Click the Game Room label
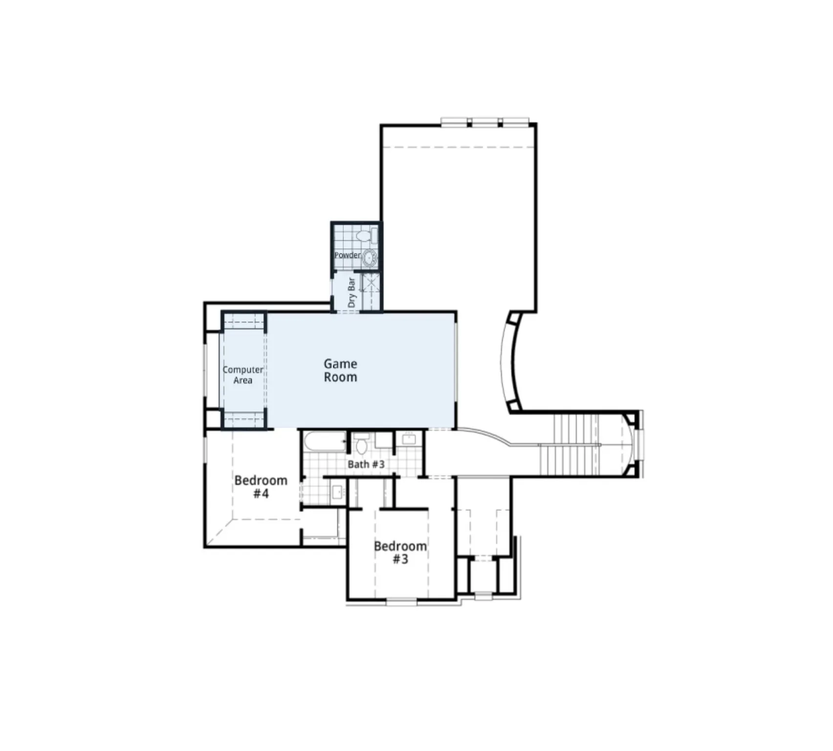point(340,370)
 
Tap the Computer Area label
point(242,375)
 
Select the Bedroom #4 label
point(261,486)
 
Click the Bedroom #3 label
point(400,552)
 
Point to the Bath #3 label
point(366,464)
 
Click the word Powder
point(347,255)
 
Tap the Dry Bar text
point(351,292)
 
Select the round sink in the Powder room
point(370,257)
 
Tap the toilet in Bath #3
point(361,445)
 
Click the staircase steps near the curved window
point(569,444)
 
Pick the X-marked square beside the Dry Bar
point(371,283)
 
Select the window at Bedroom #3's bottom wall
point(401,602)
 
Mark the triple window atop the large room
point(485,122)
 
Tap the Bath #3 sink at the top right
point(409,439)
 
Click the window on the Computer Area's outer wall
point(205,370)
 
